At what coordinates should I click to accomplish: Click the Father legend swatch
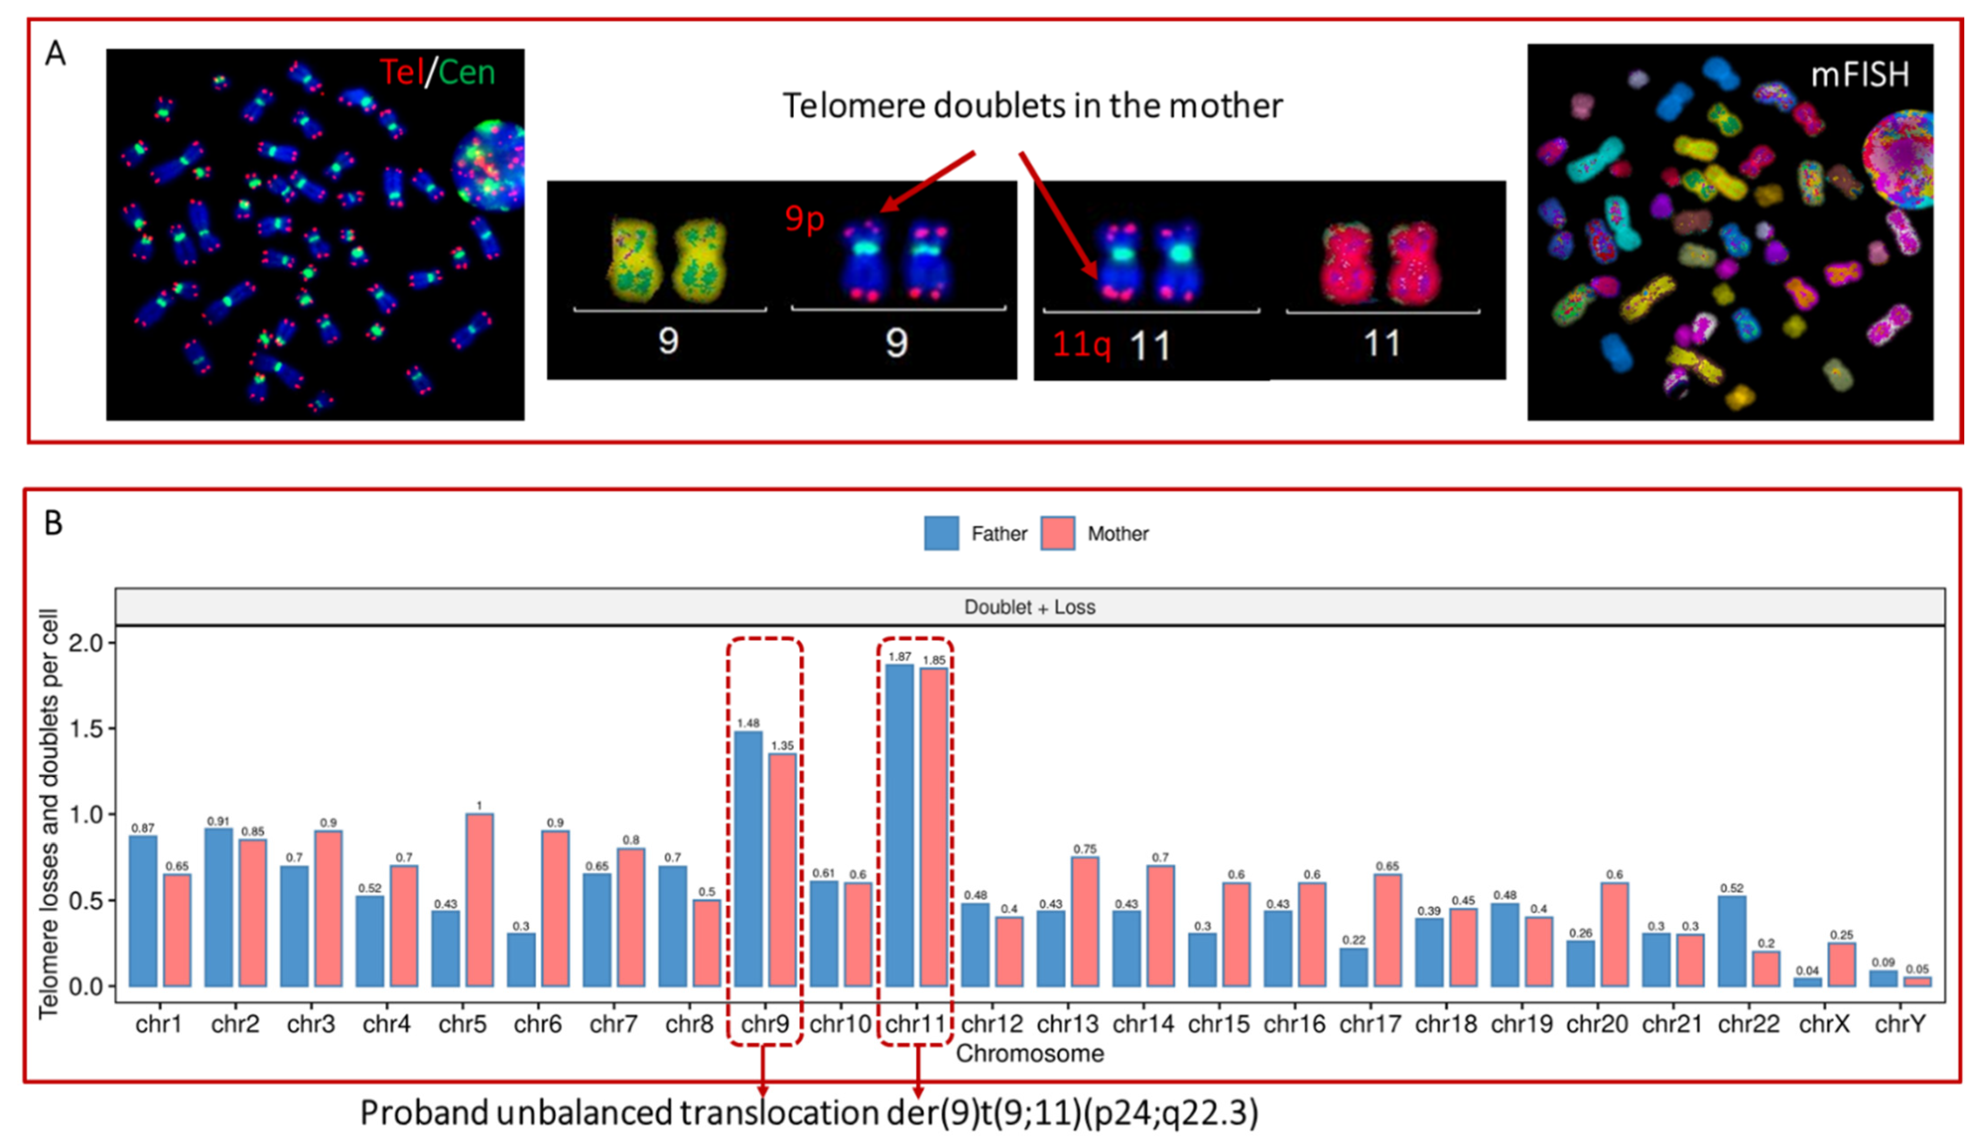click(x=941, y=533)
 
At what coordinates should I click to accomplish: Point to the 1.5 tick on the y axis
click(x=87, y=728)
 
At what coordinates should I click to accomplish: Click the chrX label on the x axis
click(x=1824, y=1024)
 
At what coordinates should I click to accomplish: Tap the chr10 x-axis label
click(x=840, y=1024)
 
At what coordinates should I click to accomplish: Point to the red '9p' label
click(x=804, y=218)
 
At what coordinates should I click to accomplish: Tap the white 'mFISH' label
click(x=1859, y=74)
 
